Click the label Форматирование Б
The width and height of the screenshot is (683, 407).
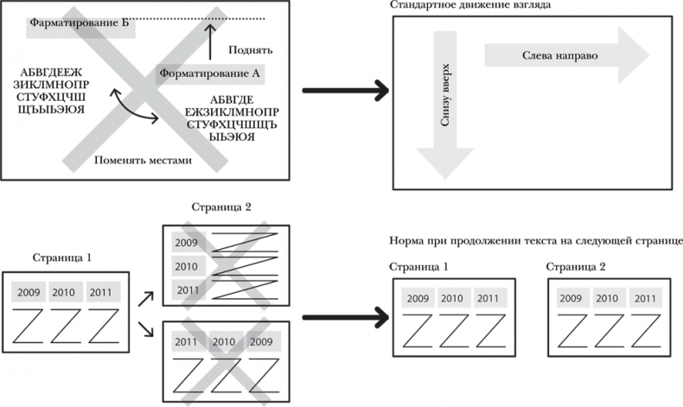tap(78, 22)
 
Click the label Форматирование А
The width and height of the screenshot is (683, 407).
tap(210, 73)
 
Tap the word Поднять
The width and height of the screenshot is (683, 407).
tap(252, 50)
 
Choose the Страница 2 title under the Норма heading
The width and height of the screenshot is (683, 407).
tap(580, 268)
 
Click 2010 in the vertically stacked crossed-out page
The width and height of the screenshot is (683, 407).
tap(188, 265)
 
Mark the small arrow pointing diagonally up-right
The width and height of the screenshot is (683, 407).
tap(146, 299)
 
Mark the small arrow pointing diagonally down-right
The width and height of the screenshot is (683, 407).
tap(146, 330)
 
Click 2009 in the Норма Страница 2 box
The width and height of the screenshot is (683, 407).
tap(570, 298)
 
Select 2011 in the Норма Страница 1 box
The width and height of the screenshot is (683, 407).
tap(488, 298)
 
